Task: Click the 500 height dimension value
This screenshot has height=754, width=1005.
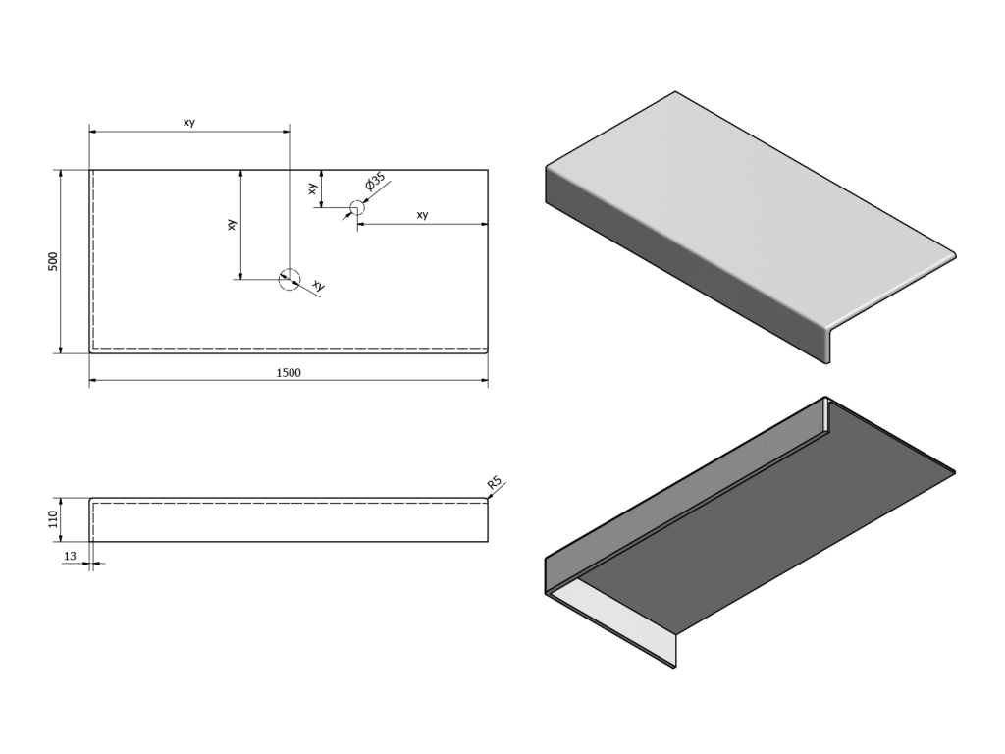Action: point(54,261)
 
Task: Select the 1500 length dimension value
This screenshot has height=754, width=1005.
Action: point(289,372)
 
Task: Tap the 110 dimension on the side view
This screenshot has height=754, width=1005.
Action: point(54,519)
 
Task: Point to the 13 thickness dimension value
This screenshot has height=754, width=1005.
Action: point(69,557)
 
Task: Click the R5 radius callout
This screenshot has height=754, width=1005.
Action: point(495,482)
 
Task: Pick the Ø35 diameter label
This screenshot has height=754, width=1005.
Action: point(375,183)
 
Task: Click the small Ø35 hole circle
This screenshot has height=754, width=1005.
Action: point(357,208)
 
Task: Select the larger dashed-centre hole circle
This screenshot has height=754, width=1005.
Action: point(289,279)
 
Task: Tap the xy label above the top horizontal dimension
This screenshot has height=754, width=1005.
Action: point(189,122)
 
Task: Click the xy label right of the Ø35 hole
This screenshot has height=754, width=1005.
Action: point(422,215)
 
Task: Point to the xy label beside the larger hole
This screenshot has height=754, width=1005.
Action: point(318,285)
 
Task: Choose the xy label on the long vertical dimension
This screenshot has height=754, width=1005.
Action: point(233,224)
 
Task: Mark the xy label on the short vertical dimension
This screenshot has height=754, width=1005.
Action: point(313,188)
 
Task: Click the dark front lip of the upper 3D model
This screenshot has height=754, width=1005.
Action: point(687,265)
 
